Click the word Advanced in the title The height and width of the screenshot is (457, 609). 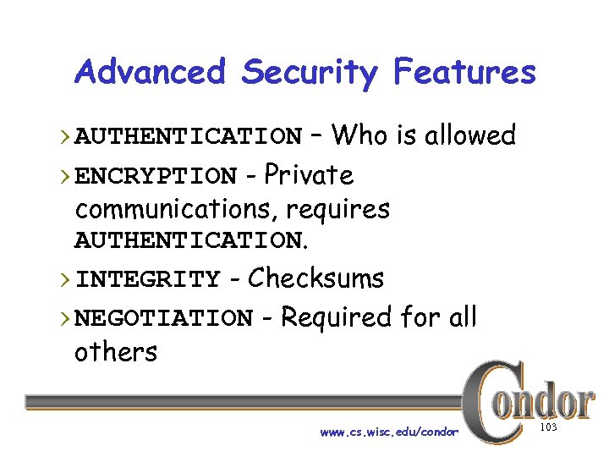[x=150, y=73]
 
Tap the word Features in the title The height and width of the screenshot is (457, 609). [x=464, y=73]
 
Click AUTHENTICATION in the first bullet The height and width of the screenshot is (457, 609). [x=188, y=136]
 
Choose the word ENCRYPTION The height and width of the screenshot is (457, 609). [x=156, y=177]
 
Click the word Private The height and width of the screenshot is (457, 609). [x=310, y=175]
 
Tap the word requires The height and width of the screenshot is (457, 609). [x=337, y=208]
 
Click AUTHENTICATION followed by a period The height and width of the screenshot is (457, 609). [x=191, y=241]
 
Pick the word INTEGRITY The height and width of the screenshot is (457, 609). [x=147, y=279]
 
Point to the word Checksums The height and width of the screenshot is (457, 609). [x=315, y=278]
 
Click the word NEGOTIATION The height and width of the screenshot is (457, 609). [x=163, y=319]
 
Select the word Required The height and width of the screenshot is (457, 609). [x=336, y=318]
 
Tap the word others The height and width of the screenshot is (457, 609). [x=116, y=351]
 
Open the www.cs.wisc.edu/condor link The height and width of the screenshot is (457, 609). [x=389, y=432]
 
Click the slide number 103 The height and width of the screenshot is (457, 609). [x=548, y=428]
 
